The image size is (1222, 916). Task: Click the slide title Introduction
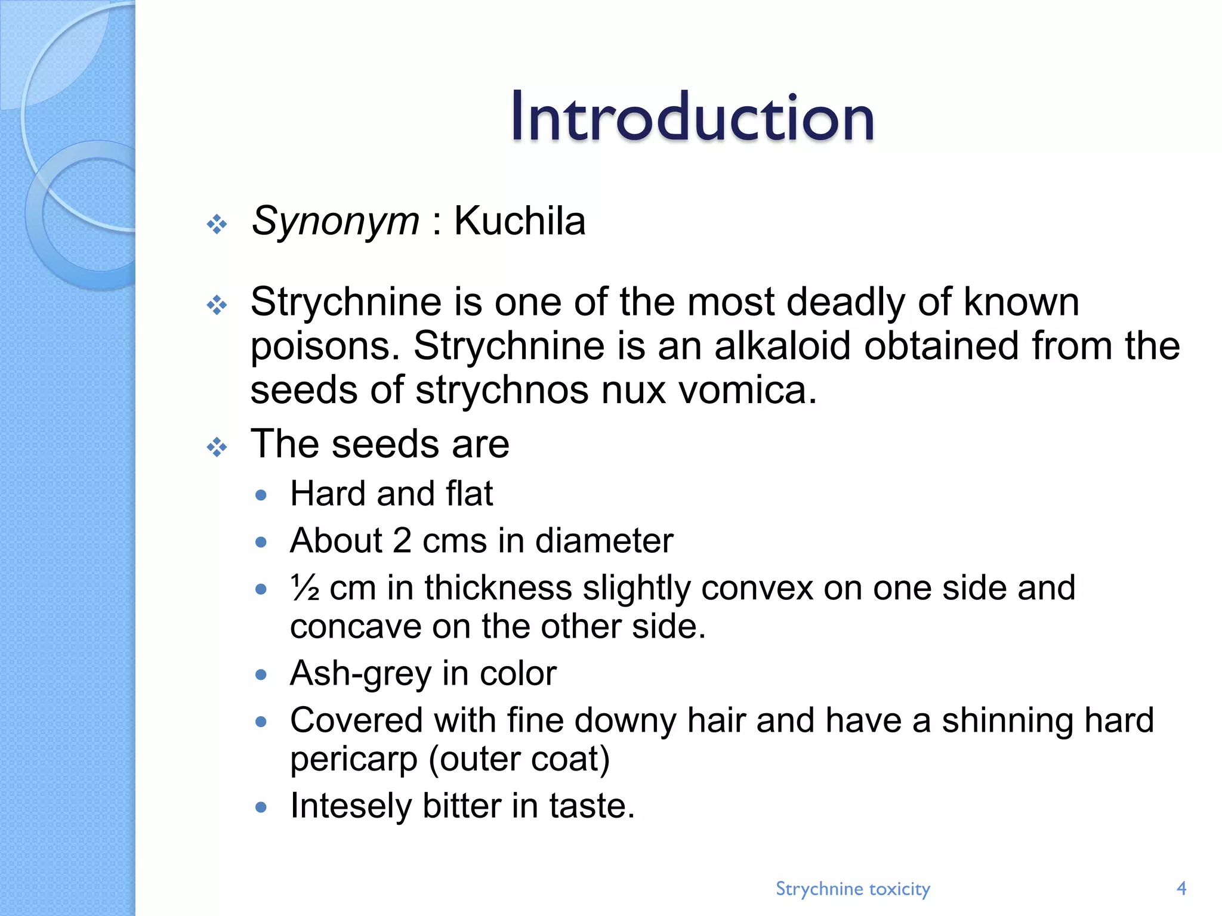692,117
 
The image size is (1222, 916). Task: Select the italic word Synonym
335,222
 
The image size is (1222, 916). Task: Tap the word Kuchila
520,221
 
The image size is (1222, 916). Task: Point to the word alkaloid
782,346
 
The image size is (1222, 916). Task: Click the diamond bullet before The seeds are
217,447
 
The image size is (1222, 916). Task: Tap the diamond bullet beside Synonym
217,224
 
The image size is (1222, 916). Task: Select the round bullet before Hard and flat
260,495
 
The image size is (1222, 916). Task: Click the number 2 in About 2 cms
402,541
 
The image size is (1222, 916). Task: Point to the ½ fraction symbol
305,588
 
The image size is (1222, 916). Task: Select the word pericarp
354,760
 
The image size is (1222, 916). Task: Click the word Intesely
351,806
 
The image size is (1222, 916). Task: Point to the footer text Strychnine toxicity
853,889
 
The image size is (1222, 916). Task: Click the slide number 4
1181,889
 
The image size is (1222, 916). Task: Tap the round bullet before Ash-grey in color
260,675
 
